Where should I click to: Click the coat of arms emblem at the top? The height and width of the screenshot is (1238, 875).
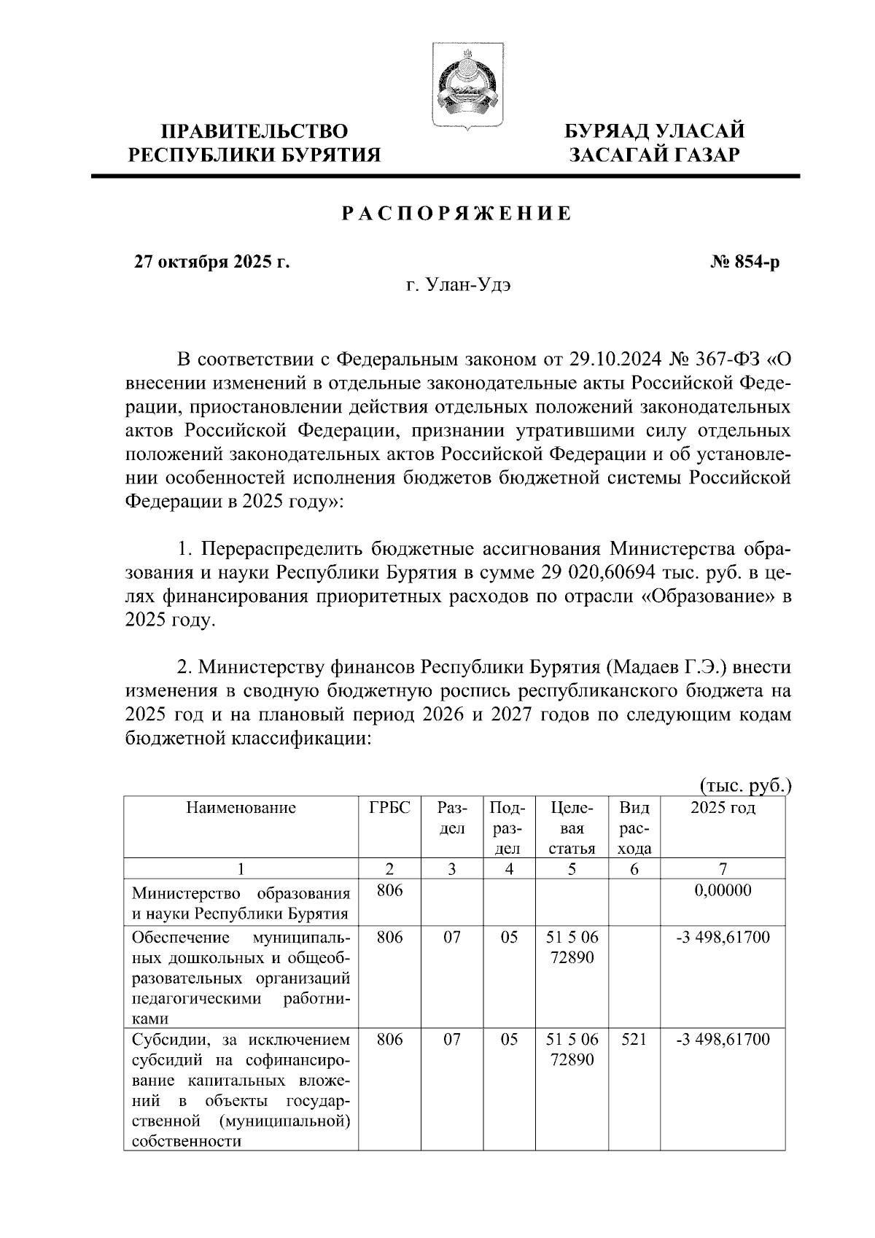click(462, 87)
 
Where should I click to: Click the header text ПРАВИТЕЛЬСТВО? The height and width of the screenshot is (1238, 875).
click(254, 131)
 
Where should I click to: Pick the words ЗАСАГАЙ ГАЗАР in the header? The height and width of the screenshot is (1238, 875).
click(655, 155)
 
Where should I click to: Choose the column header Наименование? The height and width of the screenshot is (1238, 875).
click(241, 808)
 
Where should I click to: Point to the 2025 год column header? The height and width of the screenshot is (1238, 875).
click(723, 808)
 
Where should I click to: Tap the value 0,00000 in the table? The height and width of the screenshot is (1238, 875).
click(723, 891)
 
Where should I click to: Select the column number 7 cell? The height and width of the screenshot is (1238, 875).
click(723, 868)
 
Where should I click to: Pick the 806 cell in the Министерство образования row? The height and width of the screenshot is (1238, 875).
click(390, 891)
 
